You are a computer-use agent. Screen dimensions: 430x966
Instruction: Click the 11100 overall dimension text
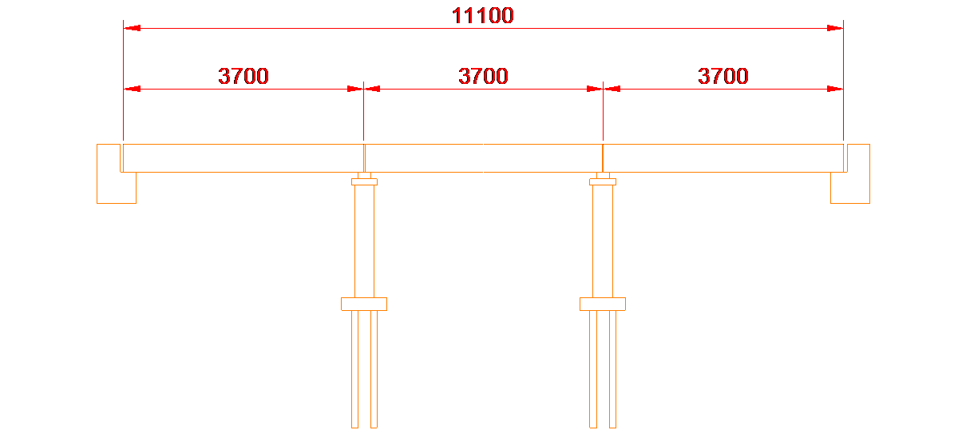pos(483,15)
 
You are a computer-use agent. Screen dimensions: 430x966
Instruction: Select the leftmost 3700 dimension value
pos(243,77)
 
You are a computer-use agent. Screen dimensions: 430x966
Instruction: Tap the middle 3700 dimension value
pos(483,77)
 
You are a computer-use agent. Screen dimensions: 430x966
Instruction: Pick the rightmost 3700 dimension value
pos(723,77)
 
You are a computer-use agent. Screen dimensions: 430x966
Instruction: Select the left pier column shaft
pos(364,240)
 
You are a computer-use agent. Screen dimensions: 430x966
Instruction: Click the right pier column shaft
pos(603,240)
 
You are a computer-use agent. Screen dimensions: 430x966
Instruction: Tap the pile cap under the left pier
pos(364,304)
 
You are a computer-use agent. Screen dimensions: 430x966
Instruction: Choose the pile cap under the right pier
pos(603,304)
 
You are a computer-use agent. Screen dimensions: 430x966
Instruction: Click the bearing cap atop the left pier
pos(364,181)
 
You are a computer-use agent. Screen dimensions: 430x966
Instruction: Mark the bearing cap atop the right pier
pos(603,181)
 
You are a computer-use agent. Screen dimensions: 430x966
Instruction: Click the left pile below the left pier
pos(354,368)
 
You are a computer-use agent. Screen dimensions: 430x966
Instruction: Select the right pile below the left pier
pos(374,368)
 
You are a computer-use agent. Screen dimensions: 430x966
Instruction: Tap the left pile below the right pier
pos(593,368)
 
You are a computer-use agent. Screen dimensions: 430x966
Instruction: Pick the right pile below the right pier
pos(612,368)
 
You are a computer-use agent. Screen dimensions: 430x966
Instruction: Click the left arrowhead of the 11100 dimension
pos(132,29)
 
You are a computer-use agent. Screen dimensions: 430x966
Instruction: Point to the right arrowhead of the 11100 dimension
pos(835,29)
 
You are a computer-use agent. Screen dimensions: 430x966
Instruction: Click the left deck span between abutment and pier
pos(243,157)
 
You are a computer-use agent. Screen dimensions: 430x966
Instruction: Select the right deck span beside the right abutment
pos(723,157)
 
